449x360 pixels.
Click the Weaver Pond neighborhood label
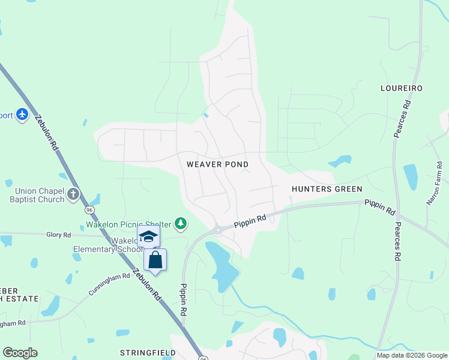click(217, 164)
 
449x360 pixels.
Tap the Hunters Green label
click(327, 189)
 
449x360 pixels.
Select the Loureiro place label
click(402, 88)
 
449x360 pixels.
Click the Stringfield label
click(148, 353)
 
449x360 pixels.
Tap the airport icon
click(22, 114)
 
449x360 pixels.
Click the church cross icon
click(73, 194)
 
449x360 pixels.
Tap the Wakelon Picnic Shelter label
click(127, 225)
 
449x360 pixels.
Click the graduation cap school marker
click(148, 236)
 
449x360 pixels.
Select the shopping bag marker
click(155, 260)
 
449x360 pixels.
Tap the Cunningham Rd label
click(109, 284)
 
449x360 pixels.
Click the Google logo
click(20, 353)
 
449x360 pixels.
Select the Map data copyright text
click(411, 355)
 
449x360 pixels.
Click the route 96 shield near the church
click(89, 210)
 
